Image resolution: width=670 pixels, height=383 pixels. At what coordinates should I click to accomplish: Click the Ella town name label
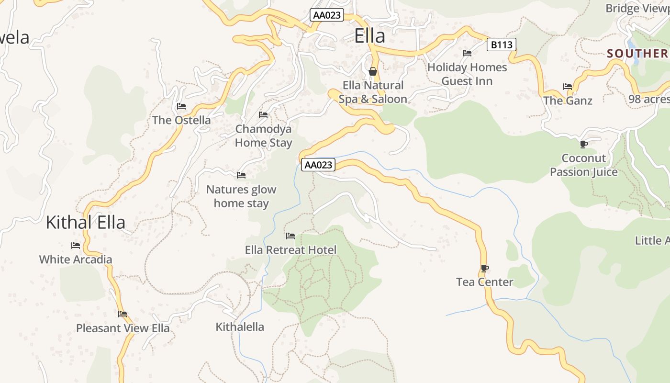(369, 36)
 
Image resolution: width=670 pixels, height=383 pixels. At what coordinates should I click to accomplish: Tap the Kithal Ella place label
(86, 223)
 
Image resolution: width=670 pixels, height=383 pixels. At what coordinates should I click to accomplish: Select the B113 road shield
(502, 45)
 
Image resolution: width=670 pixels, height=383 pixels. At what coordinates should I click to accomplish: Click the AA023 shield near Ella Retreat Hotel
(318, 165)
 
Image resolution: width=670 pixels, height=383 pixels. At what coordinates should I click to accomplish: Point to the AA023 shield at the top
(327, 15)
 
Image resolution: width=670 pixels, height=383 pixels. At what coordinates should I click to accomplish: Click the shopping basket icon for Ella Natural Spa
(373, 71)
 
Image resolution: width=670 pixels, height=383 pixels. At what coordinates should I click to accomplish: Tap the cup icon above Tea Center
(485, 268)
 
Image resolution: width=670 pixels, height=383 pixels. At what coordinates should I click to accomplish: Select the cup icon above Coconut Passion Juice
(583, 144)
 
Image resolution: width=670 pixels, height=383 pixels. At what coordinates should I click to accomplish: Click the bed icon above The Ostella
(181, 106)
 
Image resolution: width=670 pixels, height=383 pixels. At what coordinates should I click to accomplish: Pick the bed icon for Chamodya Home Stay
(263, 115)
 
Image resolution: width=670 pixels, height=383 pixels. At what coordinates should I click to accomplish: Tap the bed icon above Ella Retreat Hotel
(290, 236)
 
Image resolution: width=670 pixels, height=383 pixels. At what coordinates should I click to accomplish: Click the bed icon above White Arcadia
(76, 246)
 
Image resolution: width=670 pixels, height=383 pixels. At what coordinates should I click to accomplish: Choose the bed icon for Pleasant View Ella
(123, 314)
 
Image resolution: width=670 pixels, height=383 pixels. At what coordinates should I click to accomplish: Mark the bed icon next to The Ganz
(568, 87)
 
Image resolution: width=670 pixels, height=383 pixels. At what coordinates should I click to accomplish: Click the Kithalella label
(240, 327)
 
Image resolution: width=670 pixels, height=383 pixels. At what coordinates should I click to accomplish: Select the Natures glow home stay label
(241, 196)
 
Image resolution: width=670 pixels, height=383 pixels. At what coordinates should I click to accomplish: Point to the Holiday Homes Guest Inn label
(467, 74)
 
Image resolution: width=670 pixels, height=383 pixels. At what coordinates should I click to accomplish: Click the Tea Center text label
(485, 282)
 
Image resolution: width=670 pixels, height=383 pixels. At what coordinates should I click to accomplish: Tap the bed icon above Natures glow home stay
(241, 175)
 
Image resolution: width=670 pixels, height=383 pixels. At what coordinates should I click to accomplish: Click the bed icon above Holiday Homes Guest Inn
(467, 53)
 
